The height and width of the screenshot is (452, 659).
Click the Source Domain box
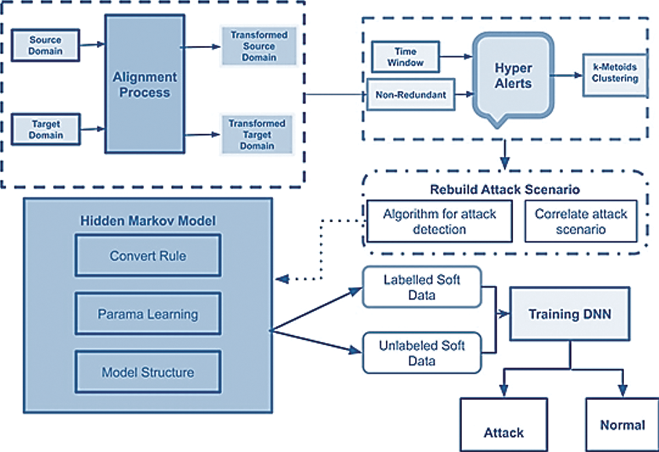45,45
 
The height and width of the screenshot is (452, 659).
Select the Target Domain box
46,129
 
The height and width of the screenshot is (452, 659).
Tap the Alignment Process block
145,84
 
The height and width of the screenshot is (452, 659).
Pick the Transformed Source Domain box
259,46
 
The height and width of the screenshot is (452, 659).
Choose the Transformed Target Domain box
257,135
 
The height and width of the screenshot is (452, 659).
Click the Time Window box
405,57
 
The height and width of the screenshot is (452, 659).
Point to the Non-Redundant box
411,95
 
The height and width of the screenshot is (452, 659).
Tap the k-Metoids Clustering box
615,75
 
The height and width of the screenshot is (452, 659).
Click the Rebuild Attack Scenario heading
505,190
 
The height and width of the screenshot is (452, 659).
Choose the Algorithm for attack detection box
439,222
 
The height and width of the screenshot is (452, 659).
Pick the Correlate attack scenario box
581,222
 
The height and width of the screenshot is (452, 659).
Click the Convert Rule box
148,256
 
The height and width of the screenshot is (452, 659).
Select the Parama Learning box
148,314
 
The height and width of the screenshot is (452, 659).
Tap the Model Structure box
148,373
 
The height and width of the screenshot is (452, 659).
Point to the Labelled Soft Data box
422,287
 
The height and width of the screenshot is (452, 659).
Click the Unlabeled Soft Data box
422,353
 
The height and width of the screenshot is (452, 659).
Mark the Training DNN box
570,314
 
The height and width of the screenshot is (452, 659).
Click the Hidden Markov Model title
148,221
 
